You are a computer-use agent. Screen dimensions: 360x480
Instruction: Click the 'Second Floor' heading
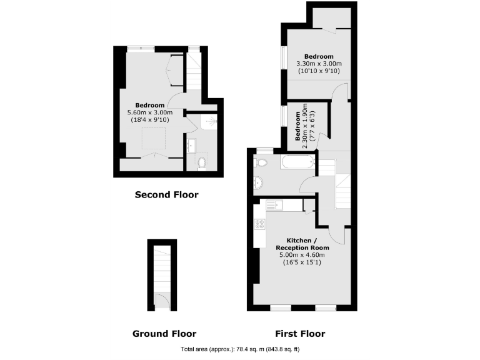pos(166,195)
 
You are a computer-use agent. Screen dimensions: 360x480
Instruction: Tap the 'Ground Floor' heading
pos(164,334)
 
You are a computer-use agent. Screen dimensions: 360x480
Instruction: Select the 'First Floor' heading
pos(300,334)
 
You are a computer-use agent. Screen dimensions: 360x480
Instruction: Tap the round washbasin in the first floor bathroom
pos(259,183)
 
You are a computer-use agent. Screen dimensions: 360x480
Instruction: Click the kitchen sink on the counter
pos(275,204)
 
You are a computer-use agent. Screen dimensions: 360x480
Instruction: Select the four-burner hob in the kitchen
pos(259,223)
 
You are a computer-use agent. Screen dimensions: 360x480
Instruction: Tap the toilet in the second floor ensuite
pos(201,164)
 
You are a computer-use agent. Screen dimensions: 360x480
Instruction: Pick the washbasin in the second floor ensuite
pos(191,147)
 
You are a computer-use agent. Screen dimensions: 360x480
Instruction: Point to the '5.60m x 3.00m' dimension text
pos(150,112)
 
